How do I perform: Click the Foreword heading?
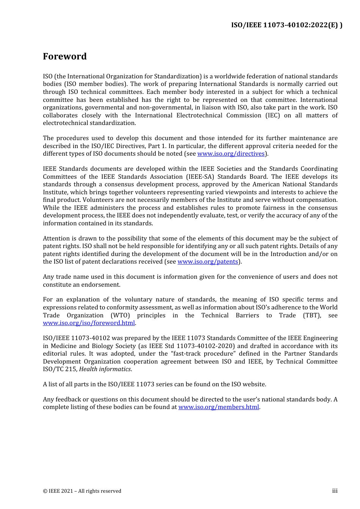tap(65, 56)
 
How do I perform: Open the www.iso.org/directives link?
tap(231, 154)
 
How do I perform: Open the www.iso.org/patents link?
tap(208, 262)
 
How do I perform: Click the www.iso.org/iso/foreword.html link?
tap(89, 323)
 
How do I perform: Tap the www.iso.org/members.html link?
tap(219, 407)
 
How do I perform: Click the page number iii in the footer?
tap(335, 491)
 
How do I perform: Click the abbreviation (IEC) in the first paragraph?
tap(272, 116)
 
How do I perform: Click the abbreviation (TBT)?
tap(312, 315)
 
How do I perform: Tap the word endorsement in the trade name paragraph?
tap(103, 285)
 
